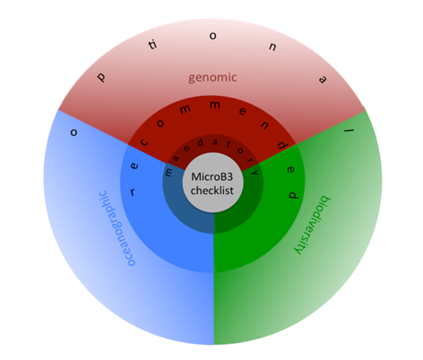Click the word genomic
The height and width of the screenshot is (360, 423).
(x=212, y=78)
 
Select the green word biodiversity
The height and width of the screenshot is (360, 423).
(x=313, y=225)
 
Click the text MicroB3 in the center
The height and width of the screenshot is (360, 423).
(x=211, y=176)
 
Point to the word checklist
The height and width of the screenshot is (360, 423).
(x=212, y=191)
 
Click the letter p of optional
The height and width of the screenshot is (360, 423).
(x=101, y=77)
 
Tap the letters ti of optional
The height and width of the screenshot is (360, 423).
(x=152, y=45)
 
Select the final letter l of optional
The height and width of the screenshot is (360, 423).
(x=349, y=130)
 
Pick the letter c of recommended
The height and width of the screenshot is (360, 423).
(x=144, y=142)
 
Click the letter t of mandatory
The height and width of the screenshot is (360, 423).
(x=229, y=145)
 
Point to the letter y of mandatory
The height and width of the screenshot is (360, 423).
(x=255, y=172)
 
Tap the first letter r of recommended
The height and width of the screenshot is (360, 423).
(x=133, y=192)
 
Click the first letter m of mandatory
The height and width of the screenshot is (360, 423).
(x=168, y=172)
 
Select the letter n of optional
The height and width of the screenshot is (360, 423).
(x=272, y=47)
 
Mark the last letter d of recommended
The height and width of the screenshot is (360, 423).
(x=293, y=195)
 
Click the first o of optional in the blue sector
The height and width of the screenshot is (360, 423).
(x=73, y=133)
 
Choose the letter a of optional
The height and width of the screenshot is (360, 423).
(x=323, y=80)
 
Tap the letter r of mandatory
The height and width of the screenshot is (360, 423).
(x=248, y=160)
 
